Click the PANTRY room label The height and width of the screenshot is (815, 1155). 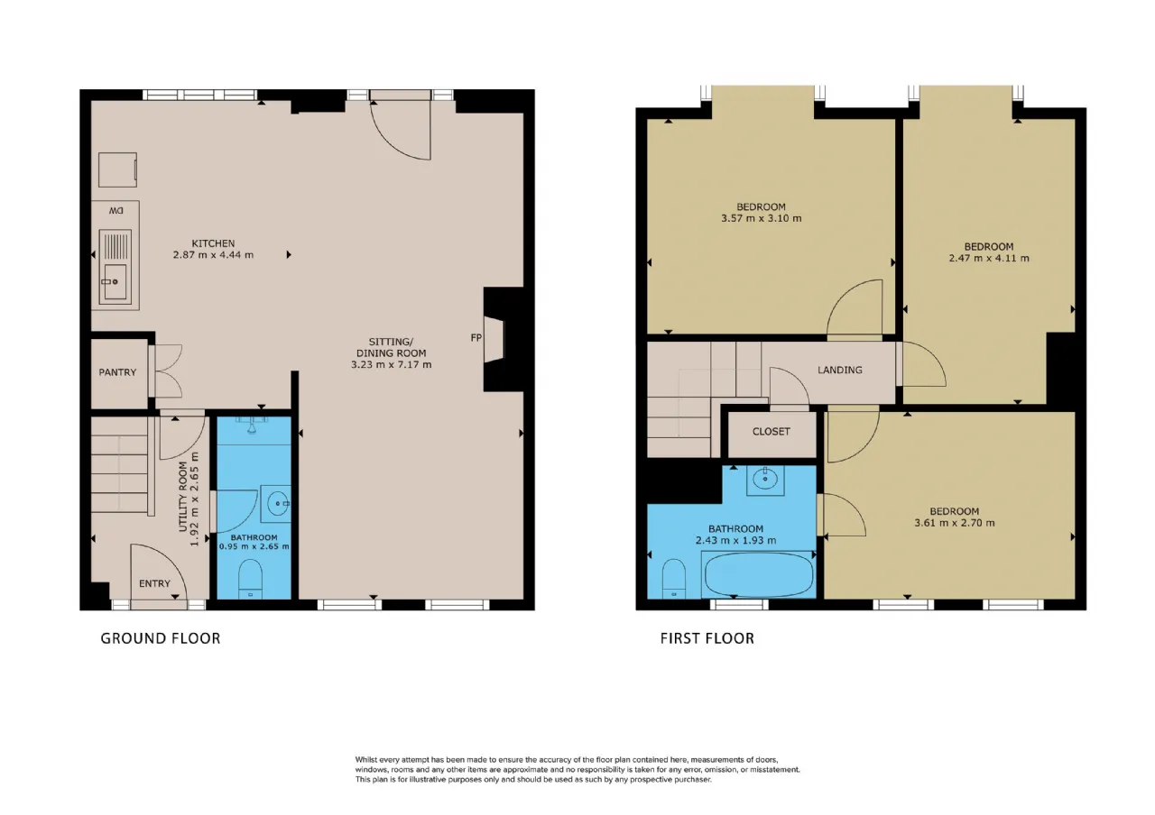click(117, 372)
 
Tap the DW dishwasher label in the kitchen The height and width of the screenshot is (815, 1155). click(116, 211)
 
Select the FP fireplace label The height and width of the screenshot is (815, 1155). click(476, 337)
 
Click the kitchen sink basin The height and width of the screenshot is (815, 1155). click(115, 281)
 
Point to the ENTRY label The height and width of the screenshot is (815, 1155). click(154, 583)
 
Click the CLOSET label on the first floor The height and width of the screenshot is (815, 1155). click(771, 431)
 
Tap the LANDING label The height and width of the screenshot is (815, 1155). click(839, 370)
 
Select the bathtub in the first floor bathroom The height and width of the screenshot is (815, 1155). click(759, 574)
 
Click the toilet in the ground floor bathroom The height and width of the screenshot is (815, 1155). click(251, 579)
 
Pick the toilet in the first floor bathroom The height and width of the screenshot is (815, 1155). click(674, 579)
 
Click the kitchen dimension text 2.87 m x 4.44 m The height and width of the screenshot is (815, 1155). click(213, 254)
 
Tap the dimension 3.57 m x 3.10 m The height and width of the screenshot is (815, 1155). click(761, 218)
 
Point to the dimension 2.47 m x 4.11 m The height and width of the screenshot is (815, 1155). click(989, 258)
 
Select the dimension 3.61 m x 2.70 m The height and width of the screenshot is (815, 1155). click(955, 523)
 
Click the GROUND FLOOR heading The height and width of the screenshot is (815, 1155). click(161, 638)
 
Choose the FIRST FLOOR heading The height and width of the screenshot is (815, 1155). click(707, 638)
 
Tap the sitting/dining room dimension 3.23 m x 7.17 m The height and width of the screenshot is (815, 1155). click(392, 365)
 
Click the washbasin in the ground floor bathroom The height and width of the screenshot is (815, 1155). click(276, 503)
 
